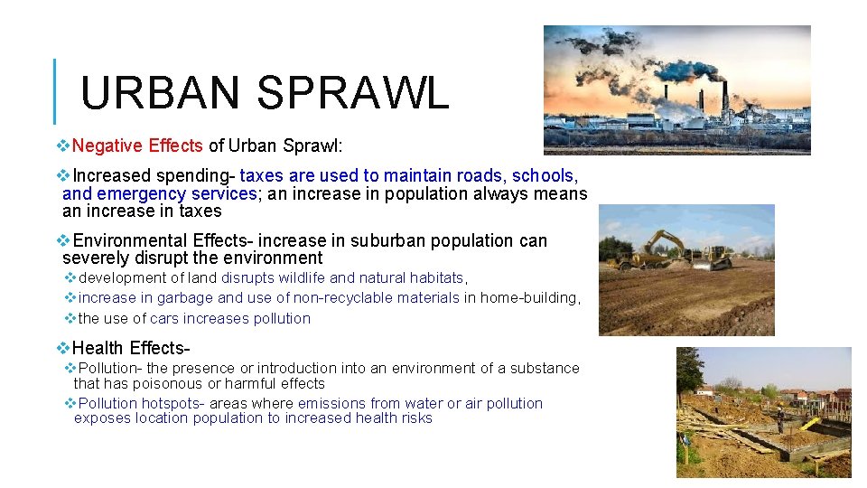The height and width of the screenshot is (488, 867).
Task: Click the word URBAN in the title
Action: [158, 92]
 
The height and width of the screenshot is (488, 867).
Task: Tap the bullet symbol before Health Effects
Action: [62, 348]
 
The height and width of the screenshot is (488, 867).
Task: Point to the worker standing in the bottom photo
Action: [781, 418]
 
